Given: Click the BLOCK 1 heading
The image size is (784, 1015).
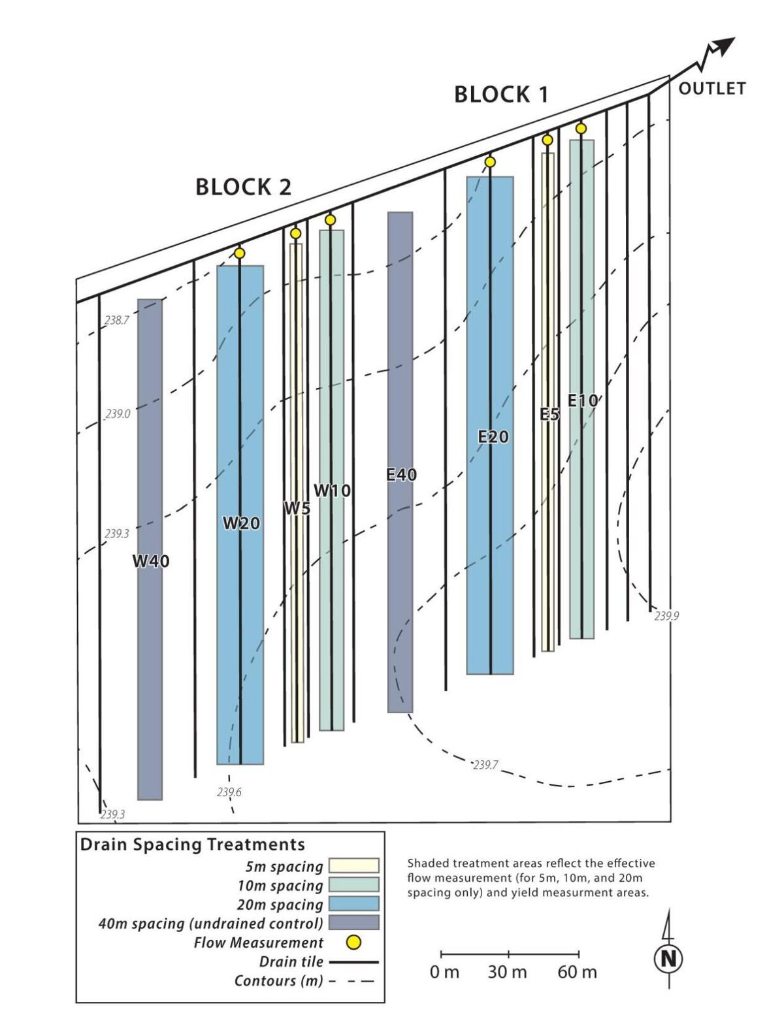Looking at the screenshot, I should (x=501, y=95).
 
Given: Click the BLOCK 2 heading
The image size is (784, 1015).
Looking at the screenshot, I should (x=243, y=188).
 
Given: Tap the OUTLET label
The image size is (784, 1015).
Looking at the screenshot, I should (x=711, y=89).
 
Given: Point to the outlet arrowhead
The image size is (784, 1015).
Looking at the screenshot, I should (x=724, y=46).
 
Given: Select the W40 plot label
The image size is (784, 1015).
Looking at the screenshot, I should (x=151, y=561).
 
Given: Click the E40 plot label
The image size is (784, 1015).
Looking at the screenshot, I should (x=400, y=475).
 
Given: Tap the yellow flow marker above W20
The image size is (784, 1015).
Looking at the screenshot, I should (x=240, y=253).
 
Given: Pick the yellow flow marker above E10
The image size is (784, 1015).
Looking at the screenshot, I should (x=581, y=129).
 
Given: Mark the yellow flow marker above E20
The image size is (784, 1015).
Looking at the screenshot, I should (x=490, y=162).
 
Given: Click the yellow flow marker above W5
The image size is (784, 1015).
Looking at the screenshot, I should (x=295, y=233).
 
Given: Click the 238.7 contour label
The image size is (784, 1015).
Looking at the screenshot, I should (x=117, y=321).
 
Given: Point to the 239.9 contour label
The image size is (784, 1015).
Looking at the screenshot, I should (x=666, y=615).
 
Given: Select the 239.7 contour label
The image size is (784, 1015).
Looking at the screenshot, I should (x=485, y=765).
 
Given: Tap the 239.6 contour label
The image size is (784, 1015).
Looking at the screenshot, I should (x=229, y=792).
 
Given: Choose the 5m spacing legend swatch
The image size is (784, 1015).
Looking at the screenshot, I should (x=353, y=866).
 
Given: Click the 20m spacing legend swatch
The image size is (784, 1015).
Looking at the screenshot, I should (x=353, y=904).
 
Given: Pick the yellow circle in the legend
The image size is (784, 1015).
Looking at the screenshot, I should (x=353, y=942).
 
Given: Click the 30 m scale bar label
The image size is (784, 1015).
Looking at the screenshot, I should (x=507, y=973).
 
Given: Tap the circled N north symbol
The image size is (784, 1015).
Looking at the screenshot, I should (x=668, y=959).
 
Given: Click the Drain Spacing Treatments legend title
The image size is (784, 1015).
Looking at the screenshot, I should (x=192, y=845).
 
